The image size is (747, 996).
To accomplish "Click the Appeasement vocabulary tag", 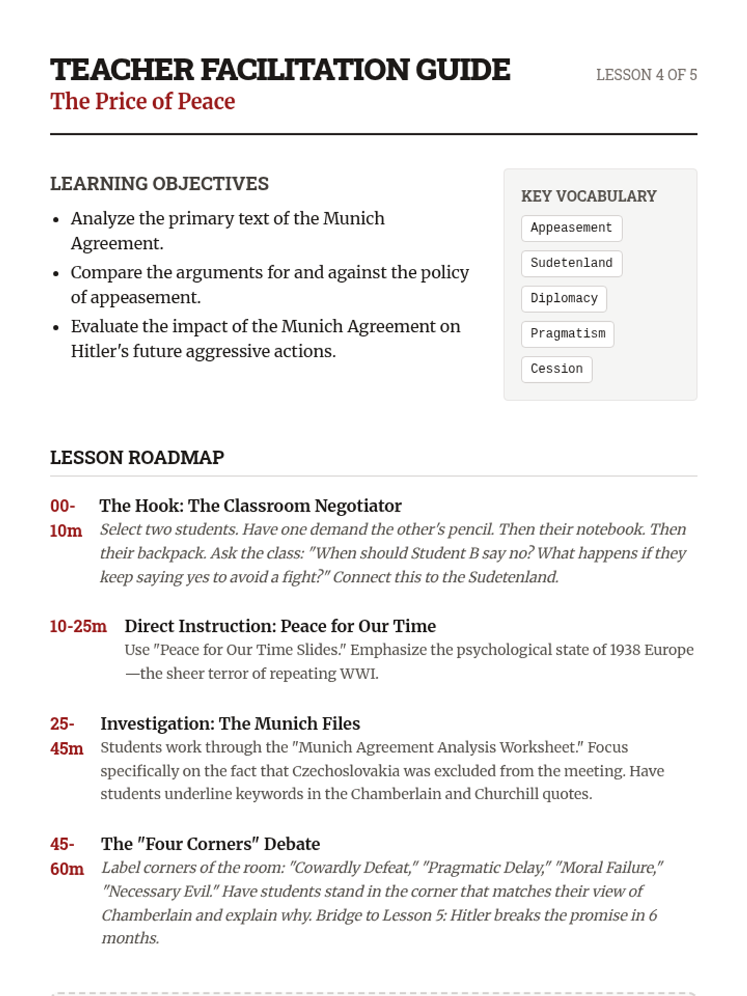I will [x=571, y=228].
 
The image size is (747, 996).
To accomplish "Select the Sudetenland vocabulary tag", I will [x=571, y=263].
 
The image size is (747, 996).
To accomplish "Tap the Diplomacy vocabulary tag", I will [x=563, y=299].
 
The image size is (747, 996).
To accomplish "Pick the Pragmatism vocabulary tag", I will [x=567, y=334].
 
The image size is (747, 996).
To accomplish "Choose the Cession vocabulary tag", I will [x=556, y=369].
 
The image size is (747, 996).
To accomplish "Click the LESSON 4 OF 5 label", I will [x=646, y=75].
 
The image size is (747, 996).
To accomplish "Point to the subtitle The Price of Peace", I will [x=143, y=101].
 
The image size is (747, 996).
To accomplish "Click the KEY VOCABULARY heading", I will [x=588, y=196].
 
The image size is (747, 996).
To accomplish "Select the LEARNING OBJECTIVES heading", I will [x=159, y=184].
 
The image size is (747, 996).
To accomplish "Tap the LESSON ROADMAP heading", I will [x=137, y=458].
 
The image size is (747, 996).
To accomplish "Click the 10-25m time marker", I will [x=78, y=626].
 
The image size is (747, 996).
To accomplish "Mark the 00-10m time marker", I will [x=65, y=518].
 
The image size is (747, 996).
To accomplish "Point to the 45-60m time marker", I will [x=67, y=857].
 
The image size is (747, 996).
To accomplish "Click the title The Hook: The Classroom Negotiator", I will [x=250, y=505].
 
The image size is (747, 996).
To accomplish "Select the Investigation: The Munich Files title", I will [x=230, y=723].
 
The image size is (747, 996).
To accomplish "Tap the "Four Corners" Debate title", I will [x=210, y=843].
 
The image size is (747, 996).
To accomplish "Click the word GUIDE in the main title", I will [x=463, y=70].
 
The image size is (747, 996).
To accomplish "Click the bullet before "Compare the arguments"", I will [x=56, y=274].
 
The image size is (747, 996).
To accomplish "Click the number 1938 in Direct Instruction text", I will [x=624, y=650].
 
